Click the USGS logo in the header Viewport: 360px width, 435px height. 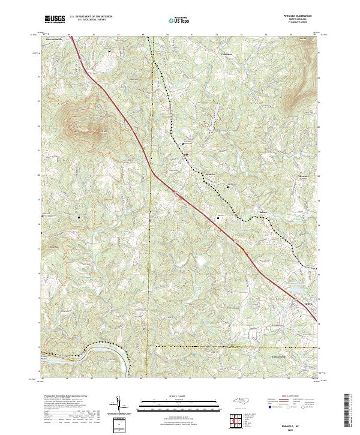pyautogui.click(x=55, y=20)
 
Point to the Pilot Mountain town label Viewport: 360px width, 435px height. pyautogui.click(x=54, y=40)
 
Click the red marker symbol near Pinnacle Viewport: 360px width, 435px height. pyautogui.click(x=186, y=155)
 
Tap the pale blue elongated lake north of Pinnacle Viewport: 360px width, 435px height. pyautogui.click(x=212, y=123)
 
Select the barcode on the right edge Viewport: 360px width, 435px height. pyautogui.click(x=347, y=411)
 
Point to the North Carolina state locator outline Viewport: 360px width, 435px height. pyautogui.click(x=241, y=403)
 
